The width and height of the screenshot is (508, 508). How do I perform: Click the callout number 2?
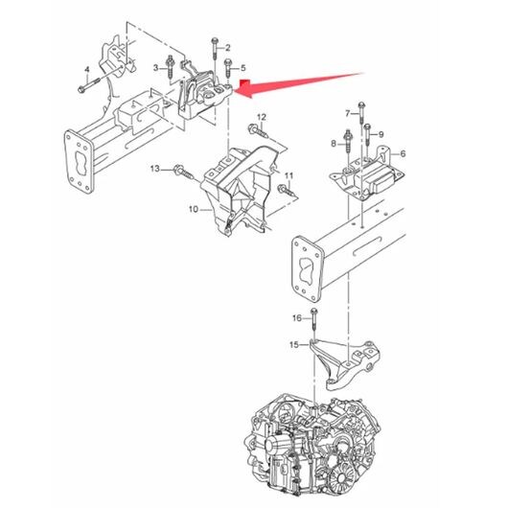pyautogui.click(x=228, y=48)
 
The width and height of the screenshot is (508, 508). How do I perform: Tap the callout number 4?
pyautogui.click(x=87, y=69)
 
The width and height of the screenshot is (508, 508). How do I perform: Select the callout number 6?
pyautogui.click(x=403, y=153)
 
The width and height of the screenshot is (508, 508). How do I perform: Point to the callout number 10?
pyautogui.click(x=193, y=210)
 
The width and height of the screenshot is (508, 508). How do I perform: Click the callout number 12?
pyautogui.click(x=262, y=117)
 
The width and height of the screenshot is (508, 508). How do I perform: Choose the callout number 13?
pyautogui.click(x=155, y=169)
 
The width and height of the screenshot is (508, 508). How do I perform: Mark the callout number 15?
pyautogui.click(x=294, y=345)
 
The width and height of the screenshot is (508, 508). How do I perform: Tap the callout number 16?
pyautogui.click(x=297, y=318)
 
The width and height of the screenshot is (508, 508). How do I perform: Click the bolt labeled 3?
pyautogui.click(x=170, y=67)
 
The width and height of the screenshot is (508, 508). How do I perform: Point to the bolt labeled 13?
pyautogui.click(x=184, y=172)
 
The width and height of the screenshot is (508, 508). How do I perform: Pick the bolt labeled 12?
pyautogui.click(x=258, y=130)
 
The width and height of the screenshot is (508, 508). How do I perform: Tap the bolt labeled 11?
pyautogui.click(x=287, y=190)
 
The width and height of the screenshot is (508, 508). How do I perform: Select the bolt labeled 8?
pyautogui.click(x=348, y=141)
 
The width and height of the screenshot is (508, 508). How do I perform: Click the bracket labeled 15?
pyautogui.click(x=344, y=364)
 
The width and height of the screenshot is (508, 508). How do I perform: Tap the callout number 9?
pyautogui.click(x=381, y=134)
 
